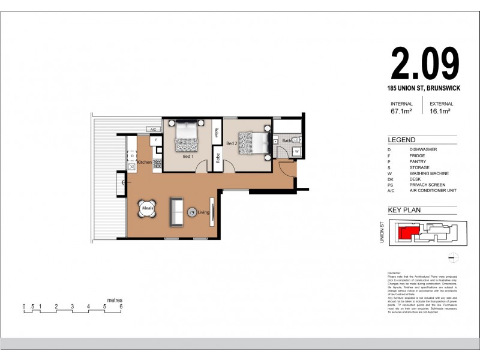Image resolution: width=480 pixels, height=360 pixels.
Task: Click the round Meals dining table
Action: [148, 209]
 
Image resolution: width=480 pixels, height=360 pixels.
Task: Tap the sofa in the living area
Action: [176, 212]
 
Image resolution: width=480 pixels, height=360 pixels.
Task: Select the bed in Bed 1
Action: [187, 137]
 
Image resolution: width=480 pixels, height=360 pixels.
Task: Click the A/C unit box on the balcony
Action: [153, 129]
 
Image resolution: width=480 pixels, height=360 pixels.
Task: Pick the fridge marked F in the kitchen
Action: [155, 140]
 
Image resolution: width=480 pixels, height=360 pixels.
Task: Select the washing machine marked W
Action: [296, 151]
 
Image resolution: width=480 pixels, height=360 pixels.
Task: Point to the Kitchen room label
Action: [144, 163]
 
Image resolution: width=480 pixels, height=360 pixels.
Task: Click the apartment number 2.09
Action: [425, 64]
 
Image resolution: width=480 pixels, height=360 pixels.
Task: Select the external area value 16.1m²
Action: [440, 110]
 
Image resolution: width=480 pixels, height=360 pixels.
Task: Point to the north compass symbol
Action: [454, 258]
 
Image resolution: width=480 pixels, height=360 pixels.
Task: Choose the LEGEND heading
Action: [401, 139]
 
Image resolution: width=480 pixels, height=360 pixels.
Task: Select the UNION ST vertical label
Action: [382, 231]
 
